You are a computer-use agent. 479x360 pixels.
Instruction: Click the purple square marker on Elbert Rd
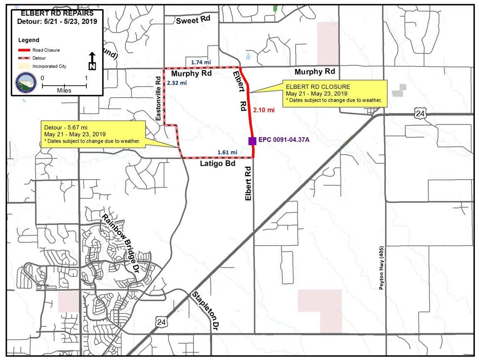pos(252,141)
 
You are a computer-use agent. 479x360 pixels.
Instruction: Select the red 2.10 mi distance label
pos(264,110)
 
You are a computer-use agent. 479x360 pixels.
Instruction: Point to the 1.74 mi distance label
pos(201,62)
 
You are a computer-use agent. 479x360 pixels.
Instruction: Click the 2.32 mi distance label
pos(177,83)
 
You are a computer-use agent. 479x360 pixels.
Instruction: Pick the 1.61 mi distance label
pos(227,152)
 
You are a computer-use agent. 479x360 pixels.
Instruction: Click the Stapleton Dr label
pos(205,311)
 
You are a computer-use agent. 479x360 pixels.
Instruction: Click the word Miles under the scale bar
pos(64,90)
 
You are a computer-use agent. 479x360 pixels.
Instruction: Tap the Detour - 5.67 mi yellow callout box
pos(92,134)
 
